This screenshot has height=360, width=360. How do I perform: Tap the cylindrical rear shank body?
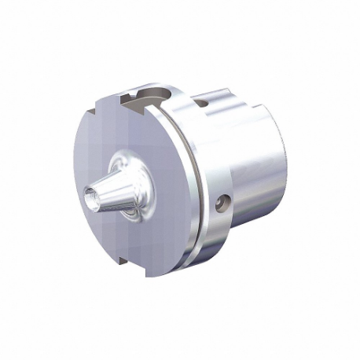[259, 173]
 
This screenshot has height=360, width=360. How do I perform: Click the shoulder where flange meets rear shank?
[231, 157]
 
